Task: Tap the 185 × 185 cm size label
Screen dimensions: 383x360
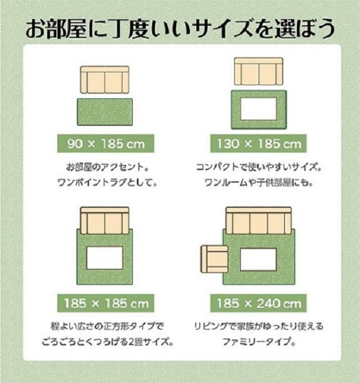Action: point(105,303)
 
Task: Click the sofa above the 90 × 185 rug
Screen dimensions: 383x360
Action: point(105,80)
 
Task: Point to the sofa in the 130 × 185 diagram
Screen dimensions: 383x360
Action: point(258,71)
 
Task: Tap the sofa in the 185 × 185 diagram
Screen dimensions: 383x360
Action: point(105,221)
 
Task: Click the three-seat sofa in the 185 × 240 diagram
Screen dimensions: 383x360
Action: point(258,221)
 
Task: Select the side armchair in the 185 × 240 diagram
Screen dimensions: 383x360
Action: point(213,260)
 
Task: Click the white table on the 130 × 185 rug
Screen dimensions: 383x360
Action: point(258,110)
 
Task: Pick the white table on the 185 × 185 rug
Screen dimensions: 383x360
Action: point(105,258)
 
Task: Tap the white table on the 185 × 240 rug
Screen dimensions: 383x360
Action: point(258,260)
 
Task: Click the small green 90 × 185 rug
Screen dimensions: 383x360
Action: point(105,112)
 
